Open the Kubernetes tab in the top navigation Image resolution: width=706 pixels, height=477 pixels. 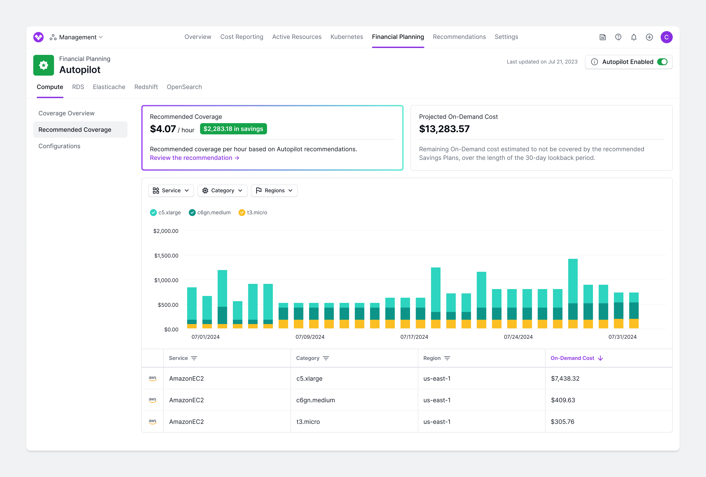[x=347, y=37]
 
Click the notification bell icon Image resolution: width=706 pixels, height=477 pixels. [x=634, y=37]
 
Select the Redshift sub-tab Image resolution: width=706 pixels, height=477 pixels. [x=146, y=87]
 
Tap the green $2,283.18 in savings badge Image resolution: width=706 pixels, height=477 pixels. [x=233, y=129]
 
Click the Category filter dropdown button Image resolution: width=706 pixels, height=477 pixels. [x=222, y=191]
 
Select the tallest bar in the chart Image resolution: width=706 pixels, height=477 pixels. [x=573, y=292]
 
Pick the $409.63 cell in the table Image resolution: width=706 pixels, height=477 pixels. [x=563, y=400]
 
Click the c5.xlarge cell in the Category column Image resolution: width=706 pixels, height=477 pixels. [x=309, y=378]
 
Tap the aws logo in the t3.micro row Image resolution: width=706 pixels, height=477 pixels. [x=153, y=422]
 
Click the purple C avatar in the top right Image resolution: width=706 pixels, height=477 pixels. [x=666, y=37]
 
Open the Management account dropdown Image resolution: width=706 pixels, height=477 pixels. [x=78, y=37]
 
